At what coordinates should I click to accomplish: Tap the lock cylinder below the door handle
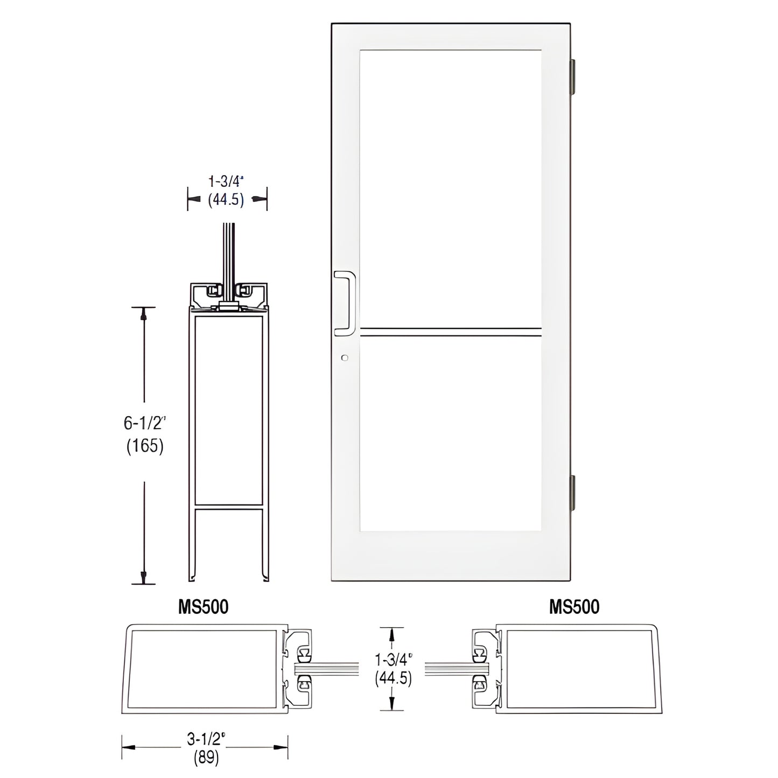tap(345, 358)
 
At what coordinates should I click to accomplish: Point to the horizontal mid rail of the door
tap(450, 332)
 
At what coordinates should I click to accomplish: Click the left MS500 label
tap(204, 607)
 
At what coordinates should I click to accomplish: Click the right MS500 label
tap(574, 607)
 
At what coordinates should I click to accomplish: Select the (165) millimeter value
tap(144, 446)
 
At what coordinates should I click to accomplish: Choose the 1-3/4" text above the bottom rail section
tap(226, 181)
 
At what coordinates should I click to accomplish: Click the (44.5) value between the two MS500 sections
tap(394, 679)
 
